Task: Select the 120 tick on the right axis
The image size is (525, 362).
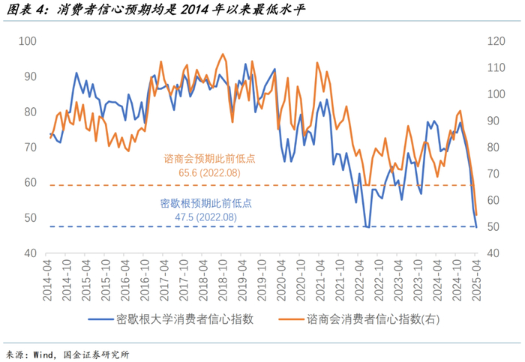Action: tap(499, 41)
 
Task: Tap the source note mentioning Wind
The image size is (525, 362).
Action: tap(67, 354)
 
